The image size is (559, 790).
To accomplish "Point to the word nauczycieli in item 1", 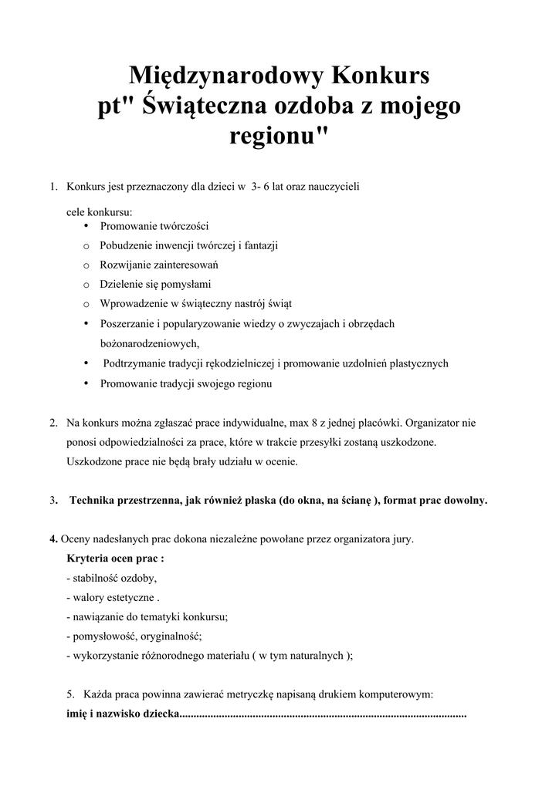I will tap(332, 187).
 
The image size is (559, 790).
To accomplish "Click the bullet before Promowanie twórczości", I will tap(87, 225).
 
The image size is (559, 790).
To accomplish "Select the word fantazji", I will tap(262, 245).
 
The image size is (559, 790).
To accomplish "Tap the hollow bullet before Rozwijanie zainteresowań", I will tap(87, 265).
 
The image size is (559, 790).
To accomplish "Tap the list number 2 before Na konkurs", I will tap(53, 424).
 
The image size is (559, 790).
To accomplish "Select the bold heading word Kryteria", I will tap(87, 558).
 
